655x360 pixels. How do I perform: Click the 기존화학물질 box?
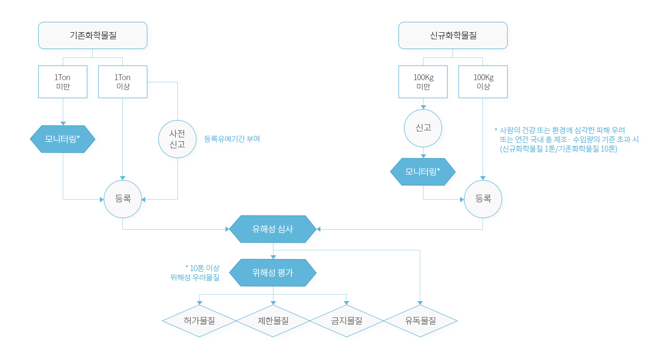[93, 35]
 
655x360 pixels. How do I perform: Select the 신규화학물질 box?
[453, 35]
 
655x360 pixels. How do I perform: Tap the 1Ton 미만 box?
[63, 82]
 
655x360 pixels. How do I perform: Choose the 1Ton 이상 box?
[123, 82]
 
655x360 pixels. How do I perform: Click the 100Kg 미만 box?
[423, 82]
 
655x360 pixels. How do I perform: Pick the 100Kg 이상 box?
[483, 82]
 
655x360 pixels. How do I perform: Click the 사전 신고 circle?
[177, 139]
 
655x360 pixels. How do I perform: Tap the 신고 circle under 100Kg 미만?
[423, 128]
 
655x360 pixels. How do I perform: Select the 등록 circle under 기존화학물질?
[123, 199]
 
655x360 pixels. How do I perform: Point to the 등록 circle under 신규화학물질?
[483, 199]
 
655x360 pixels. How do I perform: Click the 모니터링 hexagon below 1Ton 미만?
[63, 139]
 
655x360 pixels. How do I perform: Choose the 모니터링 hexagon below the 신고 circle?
[423, 172]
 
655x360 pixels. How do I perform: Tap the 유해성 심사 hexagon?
[273, 229]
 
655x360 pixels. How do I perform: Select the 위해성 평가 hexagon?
[273, 273]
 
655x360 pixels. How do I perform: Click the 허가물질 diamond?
[199, 321]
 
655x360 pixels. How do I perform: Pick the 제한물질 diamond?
[273, 321]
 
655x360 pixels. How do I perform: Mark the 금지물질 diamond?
[347, 321]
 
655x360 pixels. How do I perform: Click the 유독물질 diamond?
[420, 321]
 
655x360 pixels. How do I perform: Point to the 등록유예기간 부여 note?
[232, 139]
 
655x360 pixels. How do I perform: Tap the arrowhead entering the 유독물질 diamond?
[420, 303]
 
